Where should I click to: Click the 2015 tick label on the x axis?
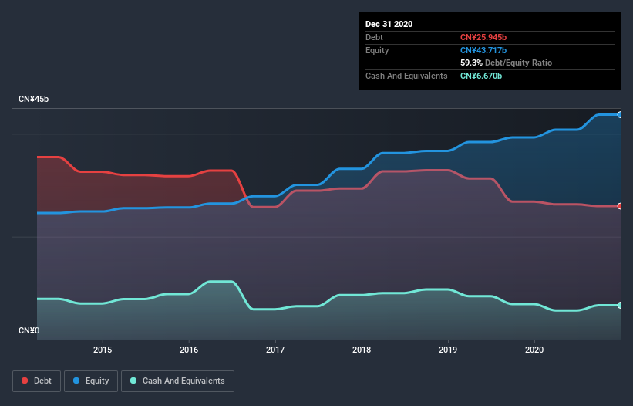click(103, 350)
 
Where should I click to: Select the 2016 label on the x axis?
click(189, 350)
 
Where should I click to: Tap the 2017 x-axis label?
click(275, 350)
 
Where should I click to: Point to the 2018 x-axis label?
click(362, 350)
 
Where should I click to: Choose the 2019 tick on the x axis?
click(448, 350)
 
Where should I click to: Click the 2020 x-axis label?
click(534, 350)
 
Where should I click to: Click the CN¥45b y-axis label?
click(35, 100)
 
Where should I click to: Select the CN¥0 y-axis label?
click(29, 331)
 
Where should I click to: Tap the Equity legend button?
click(91, 381)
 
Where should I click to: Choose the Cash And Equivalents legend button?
click(177, 381)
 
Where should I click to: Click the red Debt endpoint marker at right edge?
click(620, 206)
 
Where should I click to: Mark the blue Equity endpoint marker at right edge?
click(620, 114)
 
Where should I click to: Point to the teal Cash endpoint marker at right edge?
click(620, 306)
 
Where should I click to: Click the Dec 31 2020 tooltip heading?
click(389, 24)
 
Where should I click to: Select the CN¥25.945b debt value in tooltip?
click(483, 37)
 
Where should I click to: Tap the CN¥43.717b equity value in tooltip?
click(483, 50)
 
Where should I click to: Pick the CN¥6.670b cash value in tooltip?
click(481, 76)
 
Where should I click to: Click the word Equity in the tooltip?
click(378, 50)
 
